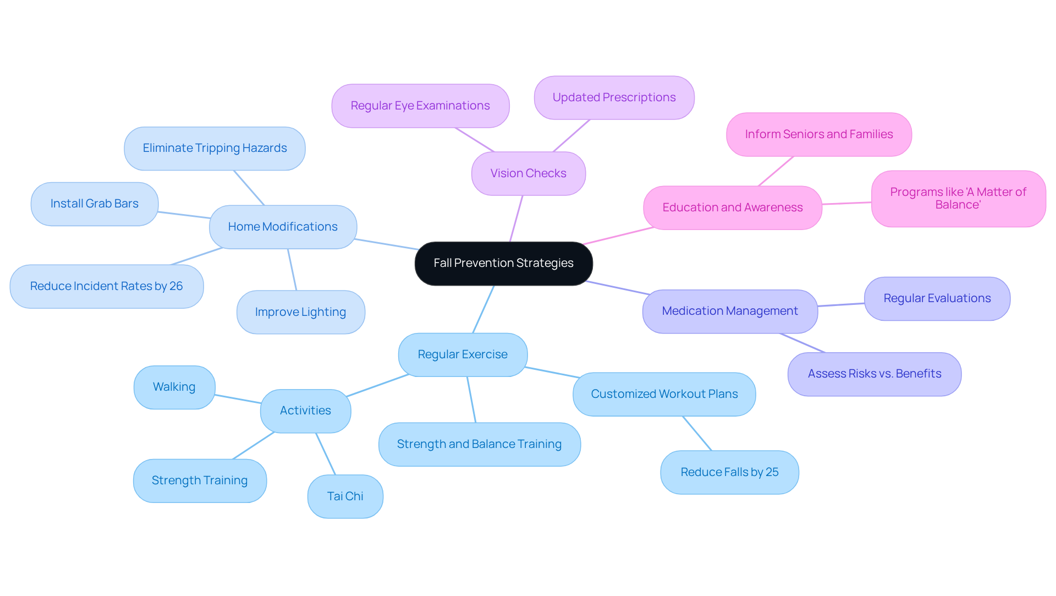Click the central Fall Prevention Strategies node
pyautogui.click(x=503, y=263)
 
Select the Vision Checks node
pyautogui.click(x=528, y=173)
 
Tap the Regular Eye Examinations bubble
pyautogui.click(x=420, y=106)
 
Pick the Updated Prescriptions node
pyautogui.click(x=614, y=97)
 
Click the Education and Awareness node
pyautogui.click(x=732, y=207)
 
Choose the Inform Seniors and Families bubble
pyautogui.click(x=818, y=134)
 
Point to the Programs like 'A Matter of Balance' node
pyautogui.click(x=958, y=198)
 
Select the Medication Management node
pyautogui.click(x=729, y=311)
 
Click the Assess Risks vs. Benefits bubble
pyautogui.click(x=874, y=374)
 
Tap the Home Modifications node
pyautogui.click(x=283, y=227)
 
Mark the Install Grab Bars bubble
pyautogui.click(x=94, y=204)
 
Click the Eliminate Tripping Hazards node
pyautogui.click(x=215, y=148)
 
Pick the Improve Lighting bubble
pyautogui.click(x=300, y=312)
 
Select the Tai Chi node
pyautogui.click(x=345, y=496)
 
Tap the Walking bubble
pyautogui.click(x=174, y=387)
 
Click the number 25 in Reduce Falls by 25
pyautogui.click(x=772, y=472)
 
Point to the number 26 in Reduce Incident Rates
pyautogui.click(x=176, y=286)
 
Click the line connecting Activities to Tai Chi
pyautogui.click(x=325, y=453)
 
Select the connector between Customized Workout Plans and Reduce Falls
pyautogui.click(x=697, y=433)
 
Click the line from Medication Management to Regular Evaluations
pyautogui.click(x=841, y=304)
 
